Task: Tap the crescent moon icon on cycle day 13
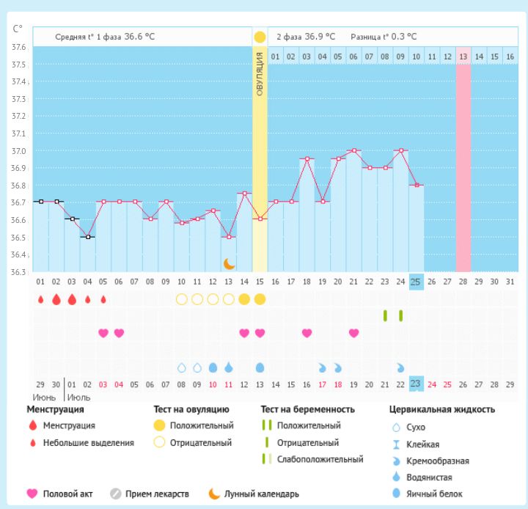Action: point(229,263)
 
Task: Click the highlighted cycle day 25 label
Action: point(416,282)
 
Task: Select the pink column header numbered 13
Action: point(463,56)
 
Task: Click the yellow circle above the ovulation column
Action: point(260,37)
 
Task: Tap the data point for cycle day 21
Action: point(353,150)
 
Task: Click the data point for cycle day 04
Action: point(88,237)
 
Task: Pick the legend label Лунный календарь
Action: point(262,494)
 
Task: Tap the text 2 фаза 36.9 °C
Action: point(306,37)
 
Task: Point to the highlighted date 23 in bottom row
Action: point(416,384)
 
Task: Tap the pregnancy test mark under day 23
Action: point(385,315)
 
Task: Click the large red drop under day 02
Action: point(56,299)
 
